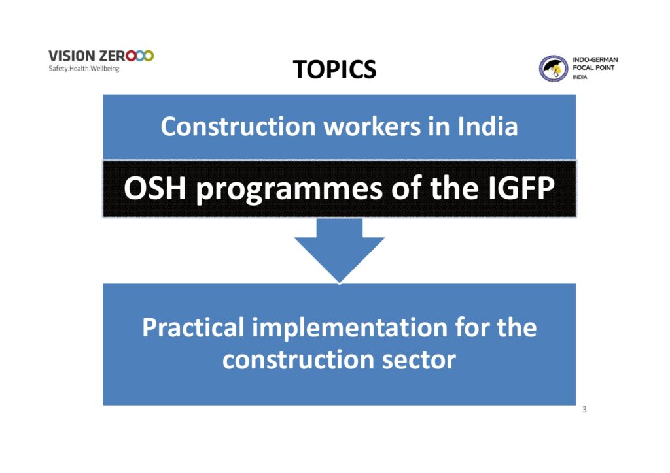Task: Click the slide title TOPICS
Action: point(334,69)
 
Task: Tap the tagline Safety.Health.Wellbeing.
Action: point(84,68)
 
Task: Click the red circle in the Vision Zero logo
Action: point(131,56)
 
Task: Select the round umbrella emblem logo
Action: point(553,68)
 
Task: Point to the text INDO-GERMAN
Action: point(595,59)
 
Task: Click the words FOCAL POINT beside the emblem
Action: point(593,67)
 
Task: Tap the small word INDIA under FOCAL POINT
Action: point(580,77)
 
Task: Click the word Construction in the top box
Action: point(238,126)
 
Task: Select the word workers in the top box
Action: point(372,126)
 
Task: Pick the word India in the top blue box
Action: point(487,126)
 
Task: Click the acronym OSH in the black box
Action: point(154,188)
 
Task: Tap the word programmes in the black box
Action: point(289,190)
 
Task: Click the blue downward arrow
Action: point(340,250)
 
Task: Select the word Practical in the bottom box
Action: point(193,327)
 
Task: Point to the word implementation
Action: point(349,327)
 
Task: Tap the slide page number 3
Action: point(584,410)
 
